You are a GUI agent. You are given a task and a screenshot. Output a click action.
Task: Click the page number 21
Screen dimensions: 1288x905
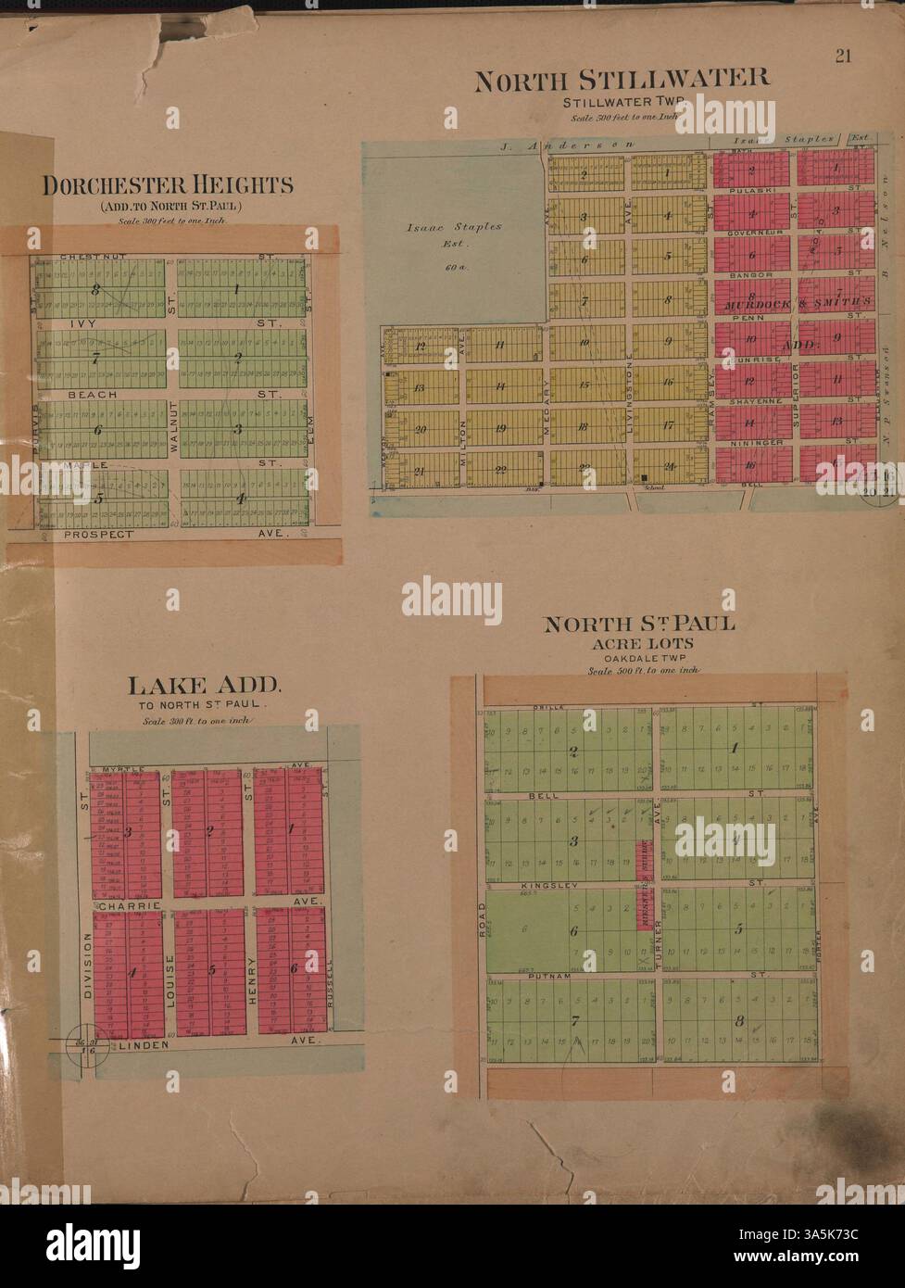tap(843, 56)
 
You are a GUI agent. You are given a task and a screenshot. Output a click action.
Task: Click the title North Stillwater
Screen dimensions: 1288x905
tap(622, 80)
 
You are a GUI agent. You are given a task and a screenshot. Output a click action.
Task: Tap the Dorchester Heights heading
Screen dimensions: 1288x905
tap(168, 184)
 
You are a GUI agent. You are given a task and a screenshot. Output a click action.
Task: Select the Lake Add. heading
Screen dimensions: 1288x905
tap(204, 686)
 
